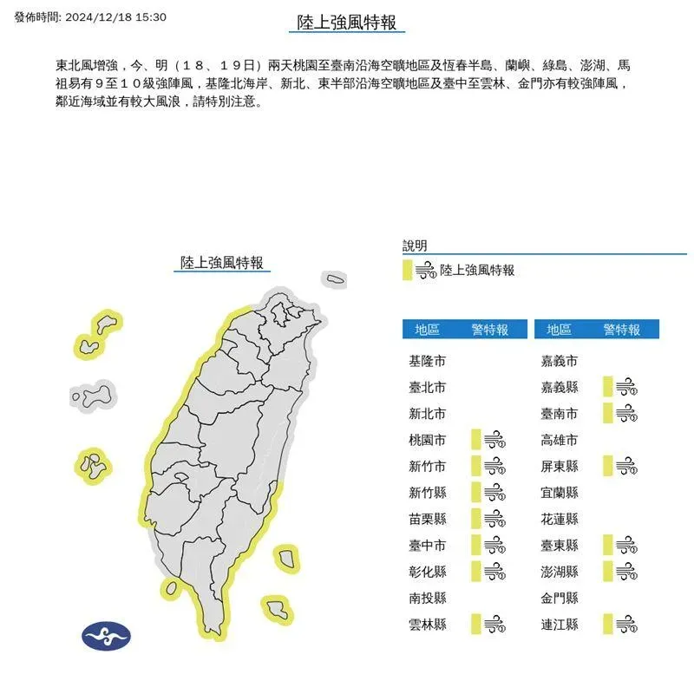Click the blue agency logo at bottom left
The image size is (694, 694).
click(106, 637)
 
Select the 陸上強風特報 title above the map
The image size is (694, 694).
click(221, 262)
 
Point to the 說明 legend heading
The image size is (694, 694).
click(415, 246)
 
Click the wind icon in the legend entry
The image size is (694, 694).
click(425, 271)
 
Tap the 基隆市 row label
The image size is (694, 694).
click(427, 361)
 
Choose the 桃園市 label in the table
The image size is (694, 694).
click(427, 440)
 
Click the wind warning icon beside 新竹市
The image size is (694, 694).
click(494, 466)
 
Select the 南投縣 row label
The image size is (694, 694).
click(427, 598)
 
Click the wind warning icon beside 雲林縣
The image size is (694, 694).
click(494, 624)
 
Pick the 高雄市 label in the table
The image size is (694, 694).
click(559, 440)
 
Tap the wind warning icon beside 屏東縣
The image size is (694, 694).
click(625, 466)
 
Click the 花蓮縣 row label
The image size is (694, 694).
click(559, 519)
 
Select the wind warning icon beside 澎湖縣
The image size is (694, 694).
click(625, 572)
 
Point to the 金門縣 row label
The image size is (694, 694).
click(559, 598)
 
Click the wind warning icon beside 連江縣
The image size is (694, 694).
click(625, 624)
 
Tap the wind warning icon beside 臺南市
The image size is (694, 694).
click(625, 414)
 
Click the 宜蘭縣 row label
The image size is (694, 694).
click(559, 493)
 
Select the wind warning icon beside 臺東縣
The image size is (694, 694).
click(625, 545)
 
